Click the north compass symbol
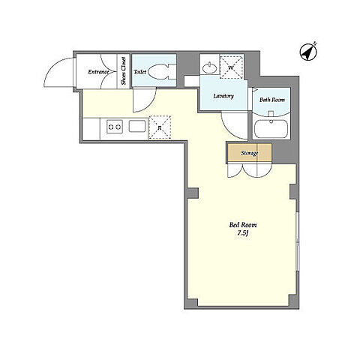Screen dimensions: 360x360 coord(308,52)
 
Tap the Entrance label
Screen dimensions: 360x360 coord(98,72)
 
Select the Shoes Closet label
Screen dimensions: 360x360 coord(124,71)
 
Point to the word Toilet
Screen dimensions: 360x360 coord(140,72)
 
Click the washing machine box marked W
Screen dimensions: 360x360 coord(231,67)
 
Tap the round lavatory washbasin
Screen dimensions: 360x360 coord(209,67)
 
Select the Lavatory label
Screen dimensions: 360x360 coord(223,96)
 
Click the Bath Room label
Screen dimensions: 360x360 coord(272,100)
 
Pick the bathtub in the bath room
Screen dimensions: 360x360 coord(271,129)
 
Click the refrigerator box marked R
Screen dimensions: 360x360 coord(160,127)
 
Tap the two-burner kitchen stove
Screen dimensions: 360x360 coord(115,127)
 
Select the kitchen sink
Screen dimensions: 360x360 coord(137,126)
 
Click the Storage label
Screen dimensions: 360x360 coord(250,153)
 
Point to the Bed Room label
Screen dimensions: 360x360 coord(243,225)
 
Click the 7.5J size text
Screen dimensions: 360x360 coord(242,234)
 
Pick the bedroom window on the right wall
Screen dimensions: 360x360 coord(297,241)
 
